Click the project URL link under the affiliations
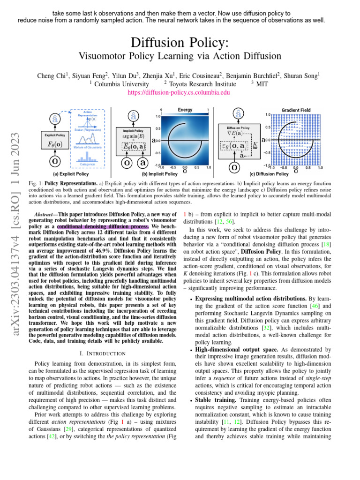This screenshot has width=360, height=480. tap(179, 93)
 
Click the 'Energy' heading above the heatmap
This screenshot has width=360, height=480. tap(185, 110)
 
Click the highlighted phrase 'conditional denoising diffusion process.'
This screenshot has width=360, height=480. tap(103, 226)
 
